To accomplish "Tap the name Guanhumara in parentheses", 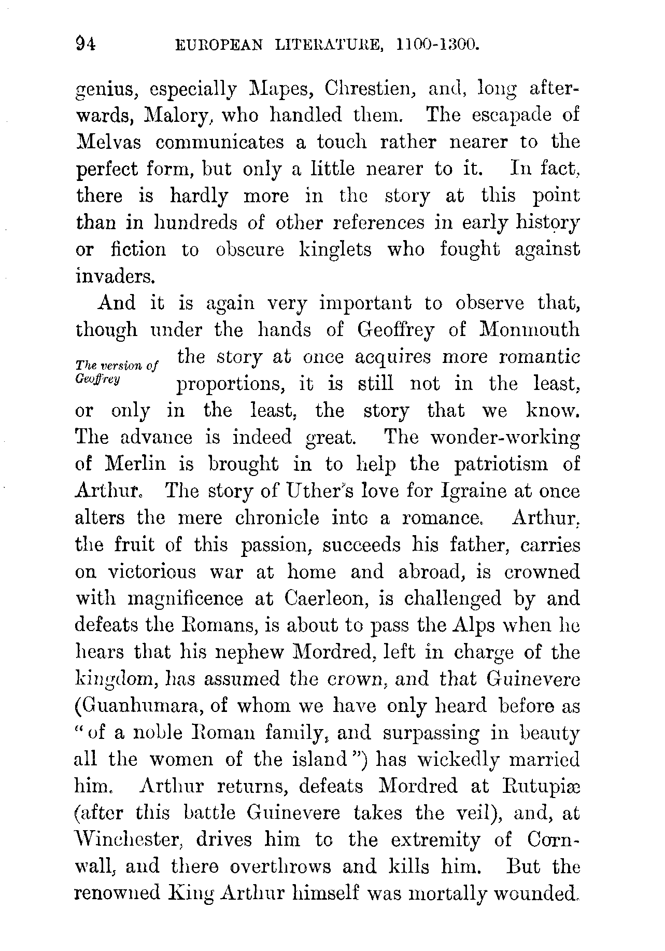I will click(133, 706).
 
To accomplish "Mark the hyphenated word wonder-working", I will click(505, 438).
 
